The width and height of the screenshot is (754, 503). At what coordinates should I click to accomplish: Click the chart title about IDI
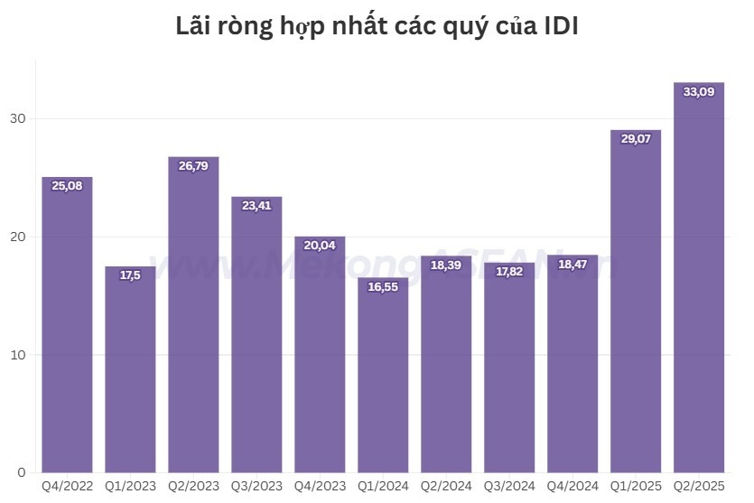[x=377, y=27]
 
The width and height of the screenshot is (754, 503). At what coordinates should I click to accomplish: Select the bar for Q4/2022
[x=67, y=325]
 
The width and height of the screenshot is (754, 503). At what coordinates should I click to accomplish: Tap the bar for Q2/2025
[x=699, y=280]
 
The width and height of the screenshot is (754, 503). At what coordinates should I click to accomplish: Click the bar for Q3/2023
[x=256, y=334]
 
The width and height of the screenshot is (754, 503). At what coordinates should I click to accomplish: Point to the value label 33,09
[x=699, y=91]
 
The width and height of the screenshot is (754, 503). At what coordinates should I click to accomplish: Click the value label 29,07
[x=636, y=139]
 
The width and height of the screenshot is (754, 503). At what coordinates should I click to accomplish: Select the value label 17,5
[x=130, y=275]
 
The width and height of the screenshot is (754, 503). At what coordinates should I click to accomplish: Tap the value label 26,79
[x=193, y=165]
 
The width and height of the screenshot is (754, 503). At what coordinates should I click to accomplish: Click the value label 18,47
[x=572, y=264]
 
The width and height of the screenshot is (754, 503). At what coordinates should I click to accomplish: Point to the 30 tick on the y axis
[x=19, y=119]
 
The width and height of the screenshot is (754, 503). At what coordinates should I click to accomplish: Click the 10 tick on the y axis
[x=19, y=355]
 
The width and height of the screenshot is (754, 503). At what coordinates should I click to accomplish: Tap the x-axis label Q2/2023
[x=193, y=487]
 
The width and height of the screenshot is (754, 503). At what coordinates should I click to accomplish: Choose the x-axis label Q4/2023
[x=320, y=487]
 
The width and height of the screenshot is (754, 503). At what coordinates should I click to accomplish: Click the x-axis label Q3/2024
[x=509, y=487]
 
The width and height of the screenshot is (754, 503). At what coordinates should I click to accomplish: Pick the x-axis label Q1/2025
[x=636, y=487]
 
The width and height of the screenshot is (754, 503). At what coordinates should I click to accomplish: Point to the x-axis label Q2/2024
[x=446, y=487]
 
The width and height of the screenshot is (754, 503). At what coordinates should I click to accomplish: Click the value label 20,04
[x=320, y=245]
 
